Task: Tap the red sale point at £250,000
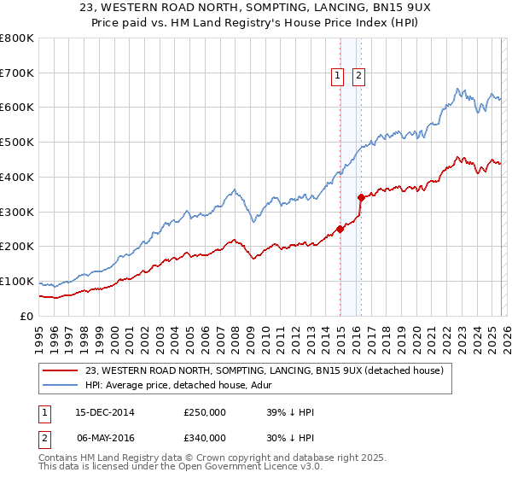[x=340, y=229]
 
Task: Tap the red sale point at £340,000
[x=361, y=197]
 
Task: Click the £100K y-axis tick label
[x=17, y=282]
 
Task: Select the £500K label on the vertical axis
[x=17, y=143]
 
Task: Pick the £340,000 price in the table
[x=205, y=438]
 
